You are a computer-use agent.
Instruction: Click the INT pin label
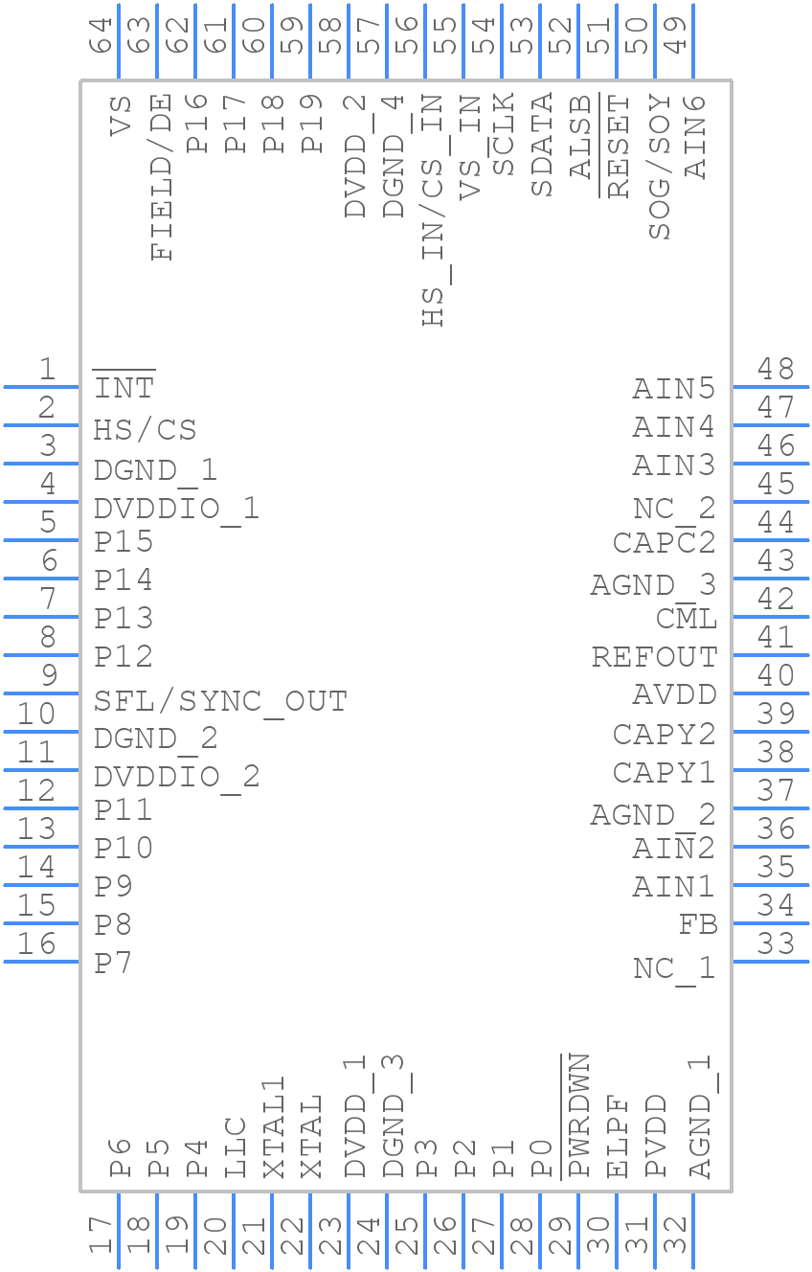[124, 388]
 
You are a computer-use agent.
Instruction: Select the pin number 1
[46, 369]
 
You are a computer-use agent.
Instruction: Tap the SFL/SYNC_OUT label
[220, 701]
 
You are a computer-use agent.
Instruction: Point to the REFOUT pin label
[654, 657]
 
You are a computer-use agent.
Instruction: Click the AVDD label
[674, 694]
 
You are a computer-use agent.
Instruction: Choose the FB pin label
[698, 924]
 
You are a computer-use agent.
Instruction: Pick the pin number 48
[776, 369]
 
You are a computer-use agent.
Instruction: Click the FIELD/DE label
[162, 177]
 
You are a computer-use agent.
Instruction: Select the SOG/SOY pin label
[660, 168]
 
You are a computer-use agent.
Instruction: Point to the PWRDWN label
[578, 1116]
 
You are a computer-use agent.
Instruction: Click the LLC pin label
[236, 1147]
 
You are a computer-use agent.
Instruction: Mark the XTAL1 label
[274, 1127]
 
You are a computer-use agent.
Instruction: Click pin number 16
[36, 944]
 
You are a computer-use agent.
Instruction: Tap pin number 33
[776, 944]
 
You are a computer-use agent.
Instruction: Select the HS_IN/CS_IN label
[434, 211]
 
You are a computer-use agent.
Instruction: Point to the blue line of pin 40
[770, 693]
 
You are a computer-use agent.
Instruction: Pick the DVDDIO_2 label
[177, 776]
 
